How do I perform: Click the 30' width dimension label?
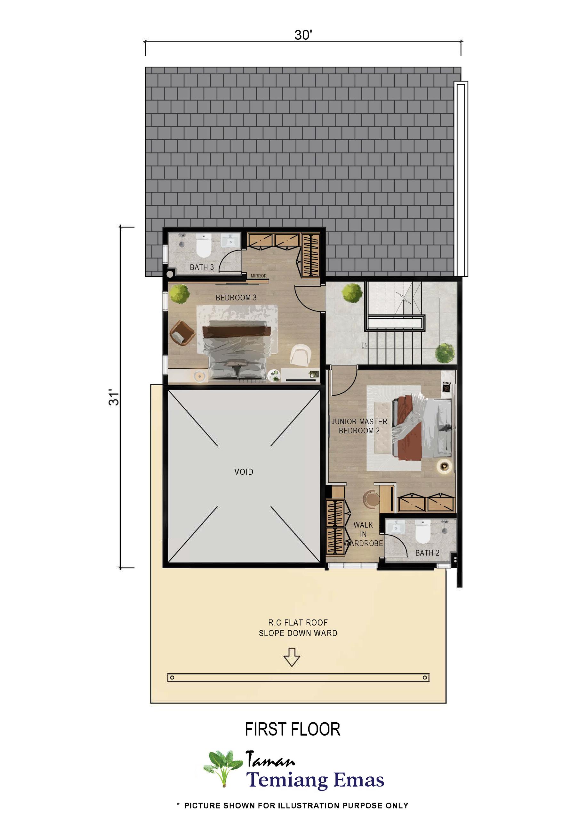[x=303, y=35]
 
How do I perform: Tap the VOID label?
[x=244, y=472]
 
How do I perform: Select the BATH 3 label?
[x=202, y=267]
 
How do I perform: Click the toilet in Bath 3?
[x=204, y=246]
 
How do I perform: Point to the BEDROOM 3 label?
[x=236, y=298]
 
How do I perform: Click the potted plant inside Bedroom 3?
[x=180, y=294]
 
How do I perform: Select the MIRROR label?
[x=258, y=276]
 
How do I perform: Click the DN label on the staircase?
[x=365, y=345]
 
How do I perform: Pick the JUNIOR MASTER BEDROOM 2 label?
[x=359, y=426]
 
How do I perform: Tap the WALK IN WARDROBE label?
[x=363, y=534]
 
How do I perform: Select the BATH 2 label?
[x=427, y=553]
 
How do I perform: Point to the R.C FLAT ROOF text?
[x=298, y=623]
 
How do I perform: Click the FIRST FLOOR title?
[x=292, y=729]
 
